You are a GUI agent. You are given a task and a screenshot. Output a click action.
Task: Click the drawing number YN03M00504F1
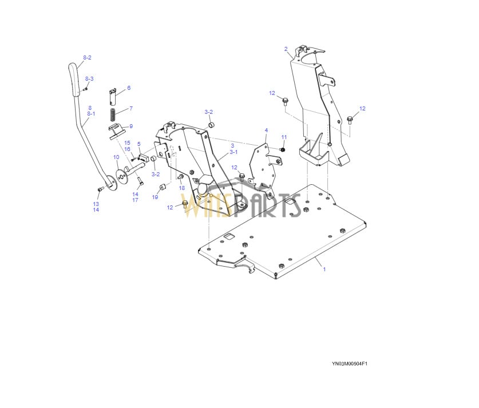coord(350,364)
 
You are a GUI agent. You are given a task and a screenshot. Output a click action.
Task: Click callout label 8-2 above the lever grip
coord(87,58)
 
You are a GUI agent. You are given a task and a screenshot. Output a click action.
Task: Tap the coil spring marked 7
coord(113,114)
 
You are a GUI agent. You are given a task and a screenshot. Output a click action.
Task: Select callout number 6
coord(129,88)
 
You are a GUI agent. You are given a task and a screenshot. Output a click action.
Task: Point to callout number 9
coord(131,126)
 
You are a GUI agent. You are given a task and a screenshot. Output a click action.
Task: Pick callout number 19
coord(155,197)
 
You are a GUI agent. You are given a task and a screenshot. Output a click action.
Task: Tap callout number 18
coord(182,188)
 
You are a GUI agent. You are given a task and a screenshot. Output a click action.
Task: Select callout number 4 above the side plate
coord(266,130)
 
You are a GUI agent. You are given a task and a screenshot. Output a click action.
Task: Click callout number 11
coord(284,137)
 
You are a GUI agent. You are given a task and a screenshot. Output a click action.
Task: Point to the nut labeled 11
coord(283,149)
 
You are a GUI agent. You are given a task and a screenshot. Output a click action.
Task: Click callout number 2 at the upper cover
coord(286,49)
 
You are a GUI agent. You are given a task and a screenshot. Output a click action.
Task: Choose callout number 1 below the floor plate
coord(324,270)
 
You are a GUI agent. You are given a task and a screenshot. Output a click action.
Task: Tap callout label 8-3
coord(89,79)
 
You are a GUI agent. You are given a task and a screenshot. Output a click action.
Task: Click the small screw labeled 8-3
coord(86,89)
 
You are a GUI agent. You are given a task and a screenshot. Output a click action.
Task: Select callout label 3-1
coord(233,152)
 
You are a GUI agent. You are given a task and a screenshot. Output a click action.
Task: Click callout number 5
coord(139,144)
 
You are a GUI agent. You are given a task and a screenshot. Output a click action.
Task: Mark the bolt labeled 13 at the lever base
coord(100,189)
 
